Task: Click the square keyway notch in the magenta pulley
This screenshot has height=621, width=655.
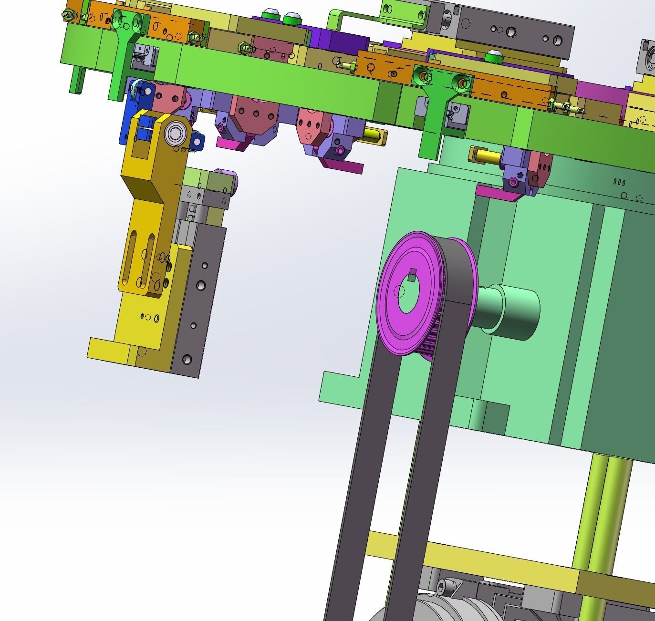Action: point(413,275)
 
